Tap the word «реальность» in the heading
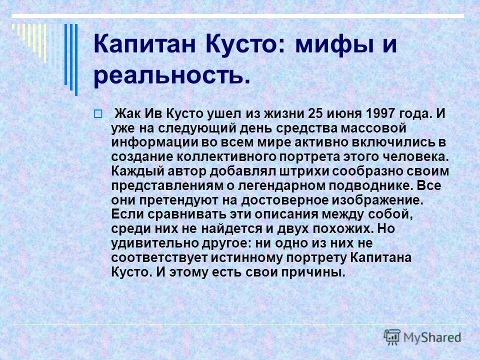(168, 76)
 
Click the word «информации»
(145, 142)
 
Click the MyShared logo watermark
(422, 336)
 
